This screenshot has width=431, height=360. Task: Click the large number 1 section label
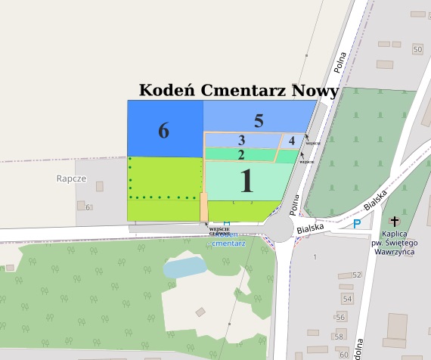pos(246,182)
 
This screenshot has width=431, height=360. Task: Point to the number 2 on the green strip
pos(241,155)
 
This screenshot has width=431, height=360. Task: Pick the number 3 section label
pos(241,140)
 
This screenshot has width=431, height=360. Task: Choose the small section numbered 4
pos(291,140)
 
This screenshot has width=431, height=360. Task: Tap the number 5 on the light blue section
pos(259,120)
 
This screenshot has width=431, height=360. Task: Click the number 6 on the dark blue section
pos(163,131)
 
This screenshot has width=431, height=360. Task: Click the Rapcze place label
pos(71,179)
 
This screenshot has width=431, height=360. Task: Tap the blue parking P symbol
pos(357,223)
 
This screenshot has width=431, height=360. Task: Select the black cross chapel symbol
pos(393,222)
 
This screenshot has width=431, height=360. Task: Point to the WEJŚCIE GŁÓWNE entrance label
pos(219,231)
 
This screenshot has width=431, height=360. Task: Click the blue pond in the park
pos(184,266)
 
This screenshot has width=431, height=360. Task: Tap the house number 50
pos(417,49)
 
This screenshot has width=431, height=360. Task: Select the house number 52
pos(357,275)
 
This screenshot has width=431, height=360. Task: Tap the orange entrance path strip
pos(204,206)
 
